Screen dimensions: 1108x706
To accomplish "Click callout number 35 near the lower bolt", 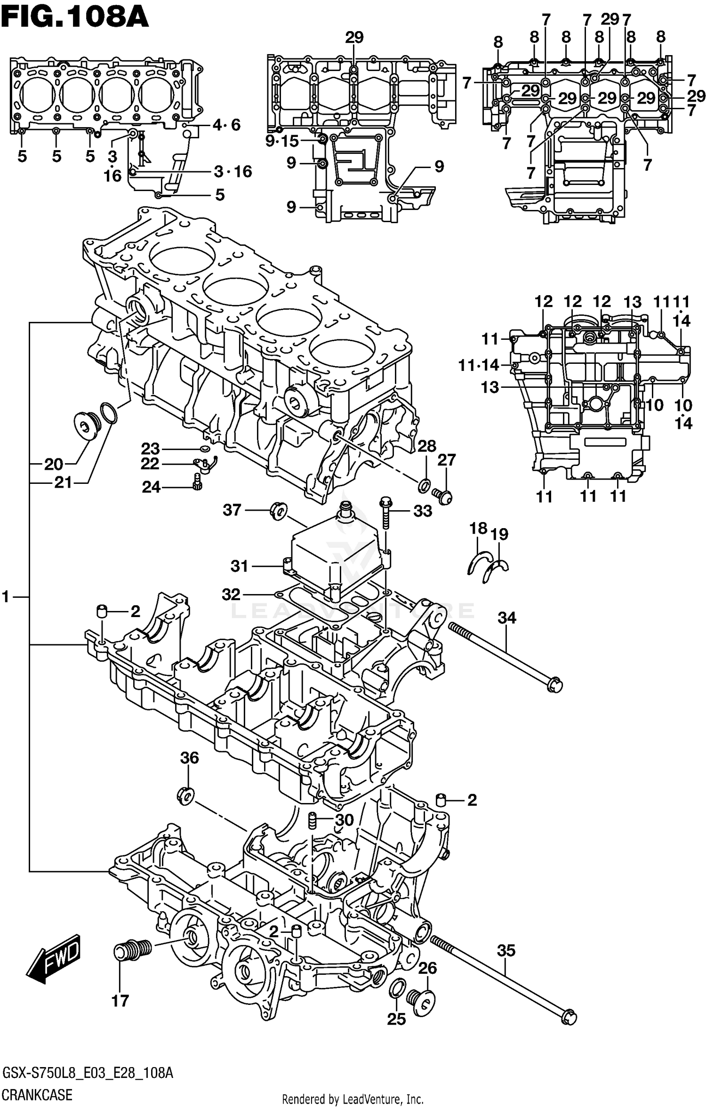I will click(506, 951).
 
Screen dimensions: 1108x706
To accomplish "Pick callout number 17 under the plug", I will click(120, 1001).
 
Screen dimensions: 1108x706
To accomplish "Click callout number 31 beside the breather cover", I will click(239, 566).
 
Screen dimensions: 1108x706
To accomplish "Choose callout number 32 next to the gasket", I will click(231, 594).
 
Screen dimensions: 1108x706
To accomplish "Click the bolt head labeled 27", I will click(444, 496).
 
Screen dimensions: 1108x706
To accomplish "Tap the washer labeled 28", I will click(424, 485).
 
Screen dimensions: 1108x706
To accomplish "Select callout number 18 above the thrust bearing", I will click(478, 528).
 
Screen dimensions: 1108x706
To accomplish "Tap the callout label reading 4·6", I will click(226, 125).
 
